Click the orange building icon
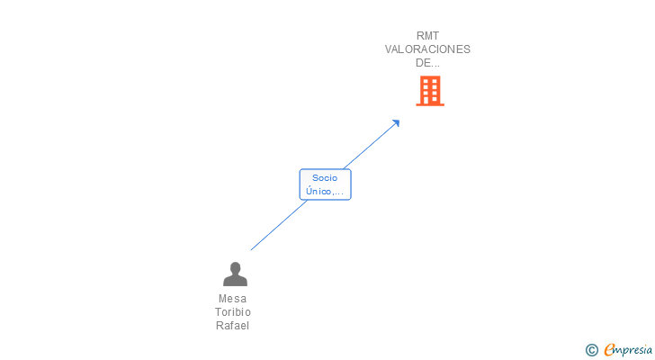430,91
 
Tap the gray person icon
235,274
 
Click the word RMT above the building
427,36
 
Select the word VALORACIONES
427,49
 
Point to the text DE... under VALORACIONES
427,63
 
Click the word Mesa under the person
232,299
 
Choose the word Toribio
232,312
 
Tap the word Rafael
232,326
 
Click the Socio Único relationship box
325,184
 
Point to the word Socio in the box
325,178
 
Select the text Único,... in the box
325,192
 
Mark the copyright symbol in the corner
592,350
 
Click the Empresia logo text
629,349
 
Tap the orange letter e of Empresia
610,350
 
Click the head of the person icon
235,268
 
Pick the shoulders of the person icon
235,281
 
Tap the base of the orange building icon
430,103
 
